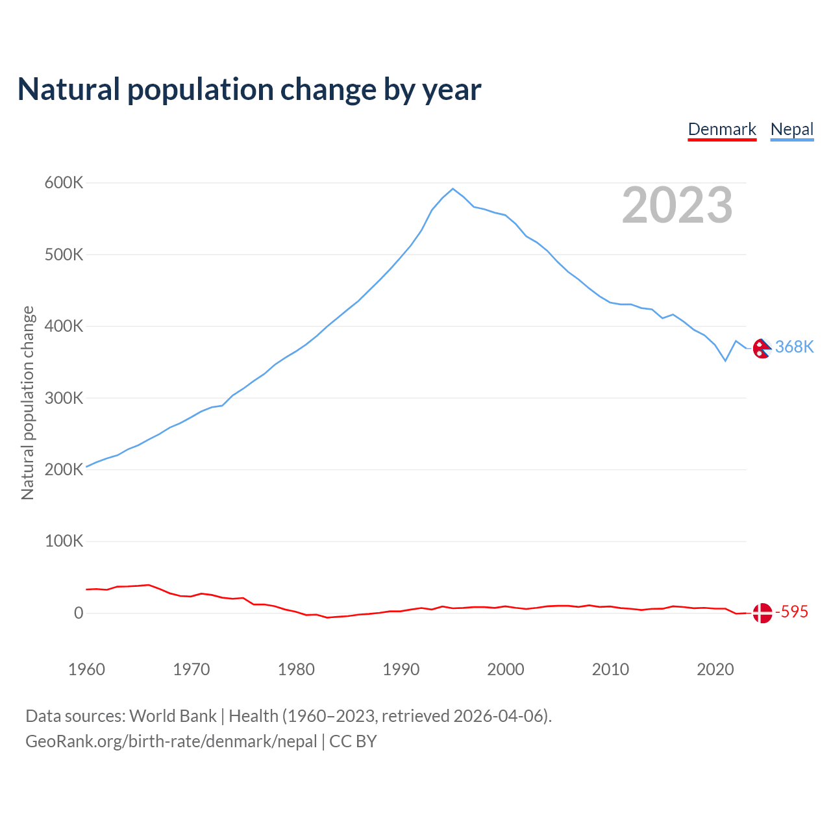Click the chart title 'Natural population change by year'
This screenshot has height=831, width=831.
tap(249, 90)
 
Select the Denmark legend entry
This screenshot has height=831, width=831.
tap(722, 129)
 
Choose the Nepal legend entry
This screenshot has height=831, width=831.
tap(792, 129)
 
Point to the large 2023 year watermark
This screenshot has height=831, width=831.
tap(677, 205)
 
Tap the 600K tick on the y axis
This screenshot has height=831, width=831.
tap(64, 183)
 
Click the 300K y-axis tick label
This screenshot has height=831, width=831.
tap(64, 398)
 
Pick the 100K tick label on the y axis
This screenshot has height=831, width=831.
tap(64, 541)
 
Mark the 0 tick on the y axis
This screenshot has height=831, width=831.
tap(79, 613)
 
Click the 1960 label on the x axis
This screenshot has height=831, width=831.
tap(86, 669)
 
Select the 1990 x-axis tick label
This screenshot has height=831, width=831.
tap(401, 669)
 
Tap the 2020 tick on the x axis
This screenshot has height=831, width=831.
tap(715, 669)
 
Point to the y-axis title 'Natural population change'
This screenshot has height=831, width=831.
tap(28, 403)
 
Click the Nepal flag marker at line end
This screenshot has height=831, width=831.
tap(762, 349)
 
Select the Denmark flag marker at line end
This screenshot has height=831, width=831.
tap(762, 613)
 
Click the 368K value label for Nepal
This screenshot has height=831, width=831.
tap(794, 347)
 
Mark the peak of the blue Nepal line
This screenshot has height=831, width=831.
tap(453, 189)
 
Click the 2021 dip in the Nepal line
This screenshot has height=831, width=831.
tap(725, 360)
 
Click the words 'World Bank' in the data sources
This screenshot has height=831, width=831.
tap(173, 716)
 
